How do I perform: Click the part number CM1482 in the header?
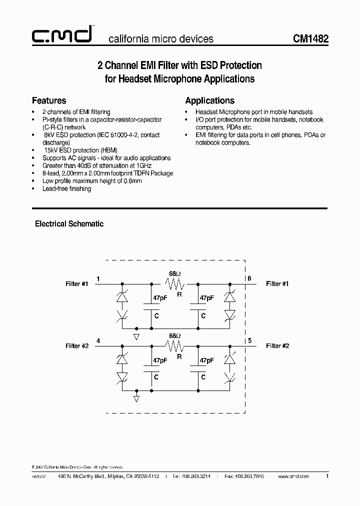pyautogui.click(x=310, y=38)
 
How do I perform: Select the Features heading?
pyautogui.click(x=49, y=100)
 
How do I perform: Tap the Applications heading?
pyautogui.click(x=209, y=100)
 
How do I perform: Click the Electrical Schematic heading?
pyautogui.click(x=69, y=224)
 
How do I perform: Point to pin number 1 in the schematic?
pyautogui.click(x=98, y=278)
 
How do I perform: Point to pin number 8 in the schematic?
pyautogui.click(x=249, y=278)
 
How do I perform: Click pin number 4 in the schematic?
pyautogui.click(x=98, y=340)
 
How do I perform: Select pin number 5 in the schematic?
pyautogui.click(x=249, y=340)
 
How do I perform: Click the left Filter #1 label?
pyautogui.click(x=76, y=284)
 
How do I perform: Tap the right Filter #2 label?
pyautogui.click(x=277, y=346)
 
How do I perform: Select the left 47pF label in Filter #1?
pyautogui.click(x=160, y=298)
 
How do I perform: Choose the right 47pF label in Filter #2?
pyautogui.click(x=206, y=360)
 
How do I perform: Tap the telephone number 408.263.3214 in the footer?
pyautogui.click(x=193, y=477)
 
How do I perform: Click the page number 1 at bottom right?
pyautogui.click(x=327, y=476)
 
